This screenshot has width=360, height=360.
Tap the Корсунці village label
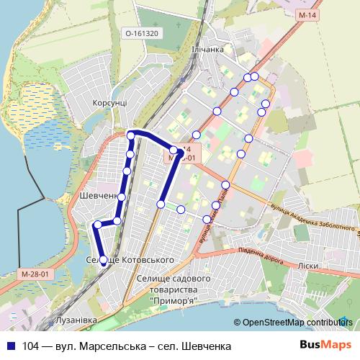click(x=109, y=103)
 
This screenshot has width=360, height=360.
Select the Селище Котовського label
click(x=130, y=259)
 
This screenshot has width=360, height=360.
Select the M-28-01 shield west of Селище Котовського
click(x=35, y=274)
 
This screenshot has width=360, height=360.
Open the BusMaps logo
click(x=326, y=346)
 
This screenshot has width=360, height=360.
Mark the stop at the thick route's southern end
click(x=104, y=261)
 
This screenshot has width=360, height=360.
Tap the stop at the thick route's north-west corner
click(x=131, y=135)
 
